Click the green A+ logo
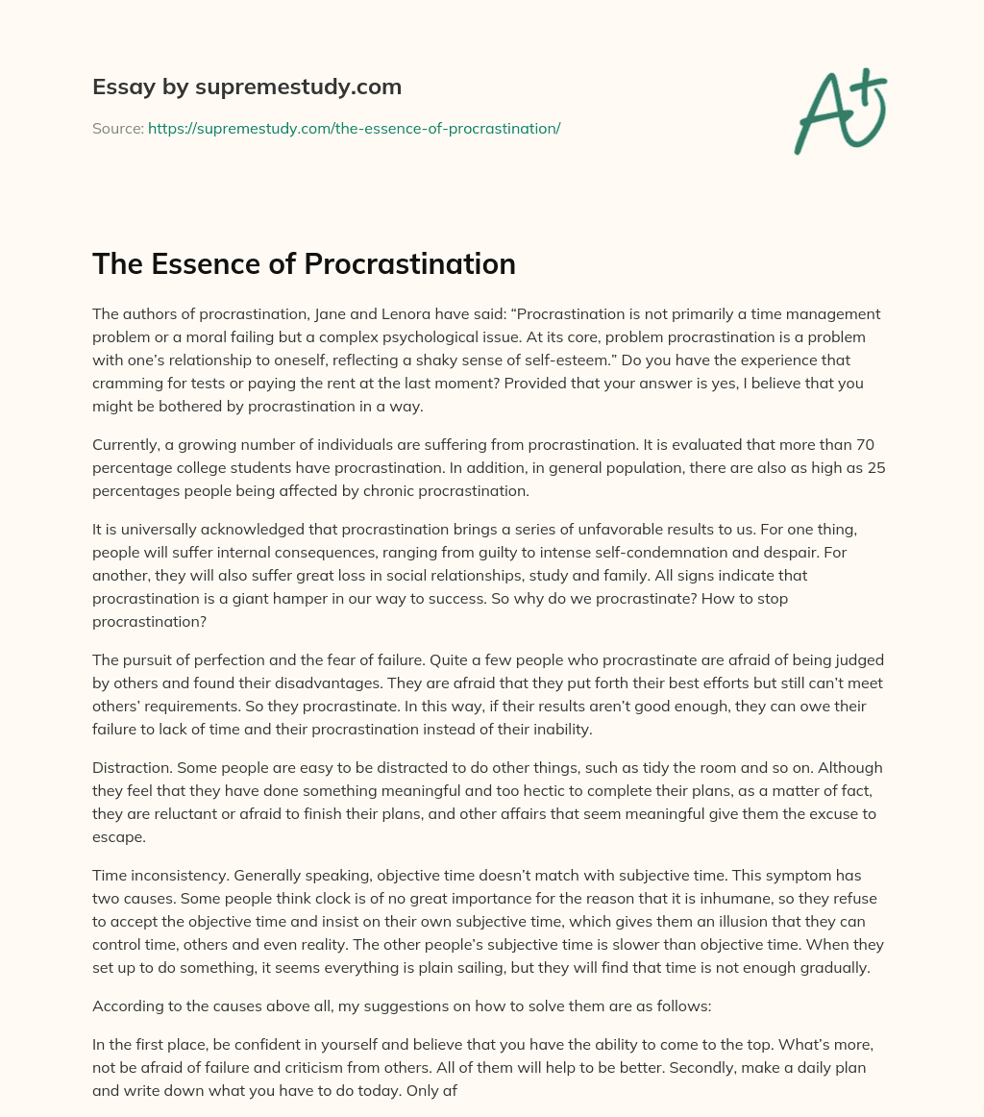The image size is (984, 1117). click(839, 111)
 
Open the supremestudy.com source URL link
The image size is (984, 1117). click(354, 128)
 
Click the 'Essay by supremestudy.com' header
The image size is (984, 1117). click(247, 87)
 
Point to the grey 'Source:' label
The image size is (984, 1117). click(117, 128)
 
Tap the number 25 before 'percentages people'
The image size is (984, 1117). click(874, 468)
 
